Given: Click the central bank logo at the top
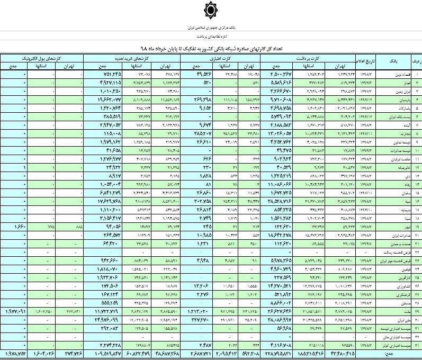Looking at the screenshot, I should (211, 10).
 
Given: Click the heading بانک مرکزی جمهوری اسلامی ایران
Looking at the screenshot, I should (211, 26).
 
